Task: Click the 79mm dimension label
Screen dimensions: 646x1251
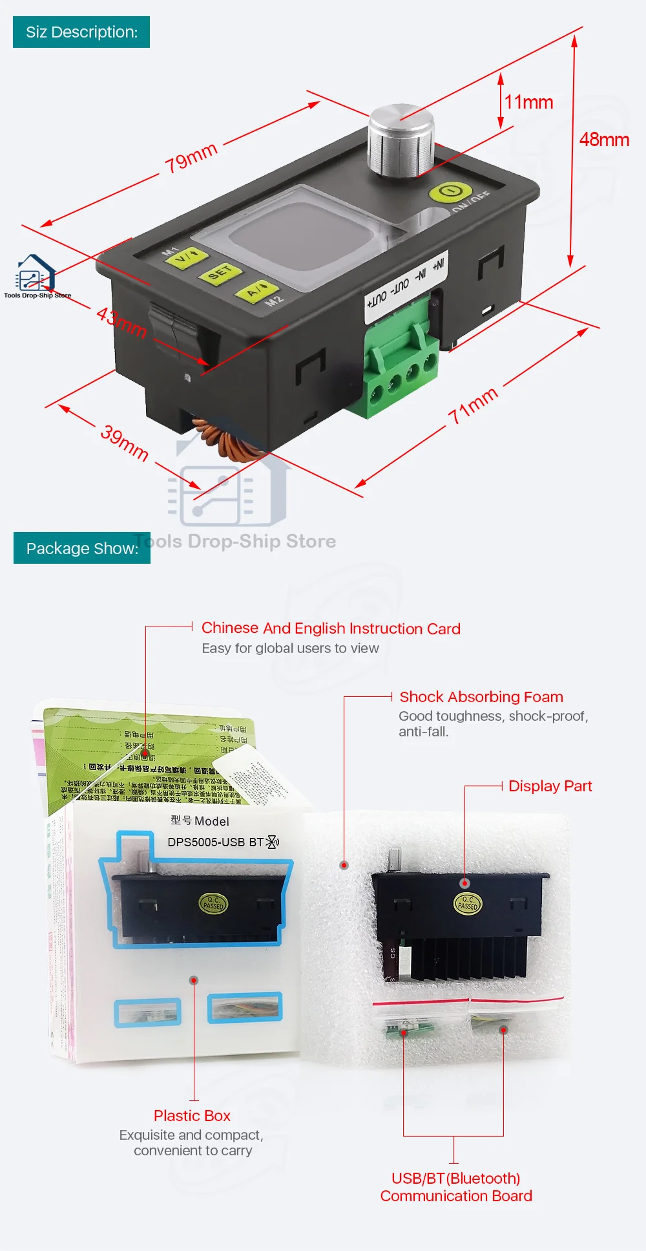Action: [x=191, y=158]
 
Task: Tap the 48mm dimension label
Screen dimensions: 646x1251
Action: [x=603, y=140]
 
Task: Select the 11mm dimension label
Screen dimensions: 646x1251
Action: [x=528, y=102]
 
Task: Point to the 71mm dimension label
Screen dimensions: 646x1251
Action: [x=474, y=405]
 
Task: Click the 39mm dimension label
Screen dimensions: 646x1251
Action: [x=124, y=443]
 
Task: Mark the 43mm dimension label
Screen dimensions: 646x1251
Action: [x=121, y=322]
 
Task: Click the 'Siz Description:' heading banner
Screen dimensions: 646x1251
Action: [x=81, y=32]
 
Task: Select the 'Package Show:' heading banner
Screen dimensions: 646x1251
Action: [x=82, y=548]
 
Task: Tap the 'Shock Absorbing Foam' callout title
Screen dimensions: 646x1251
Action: [x=481, y=697]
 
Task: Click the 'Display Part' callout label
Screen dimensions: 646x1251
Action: [x=550, y=786]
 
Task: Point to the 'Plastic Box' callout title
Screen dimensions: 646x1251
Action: [x=192, y=1116]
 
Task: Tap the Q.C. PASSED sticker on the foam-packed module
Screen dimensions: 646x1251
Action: [x=468, y=903]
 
